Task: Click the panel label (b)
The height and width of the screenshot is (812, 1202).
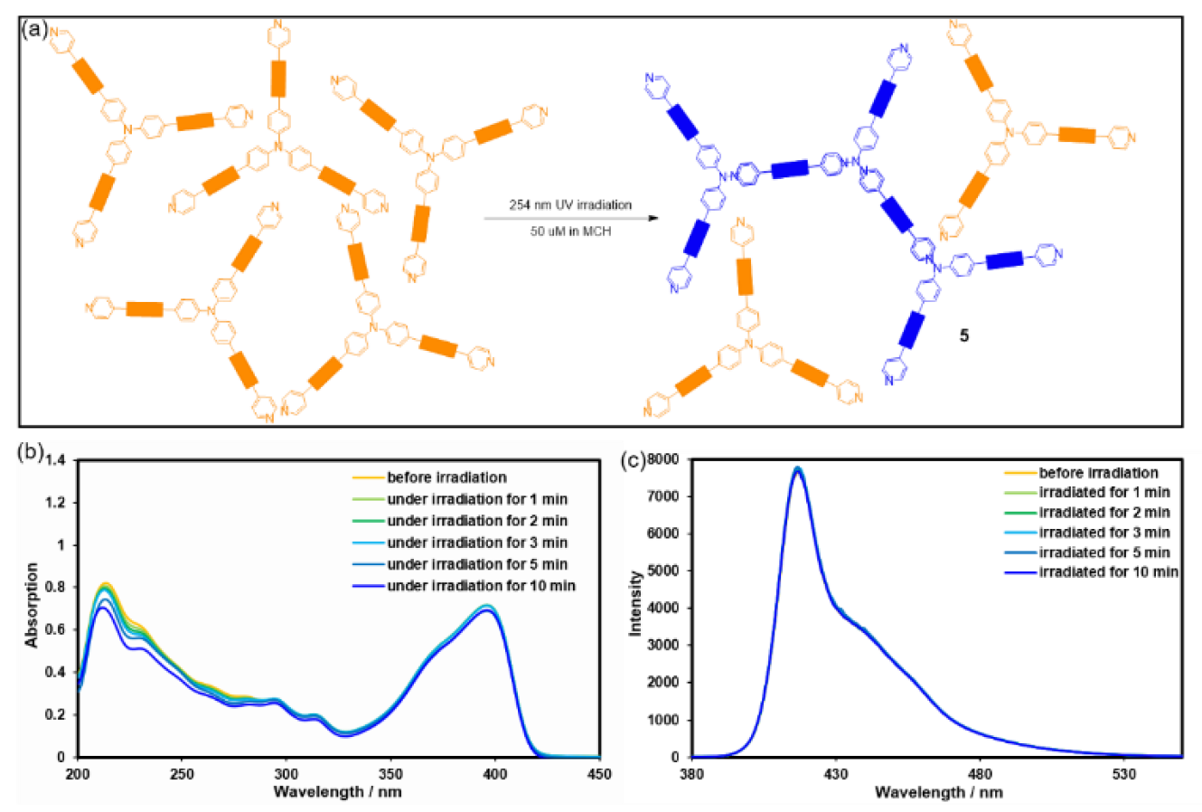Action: [x=33, y=453]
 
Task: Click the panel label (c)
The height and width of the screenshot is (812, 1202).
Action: [x=634, y=461]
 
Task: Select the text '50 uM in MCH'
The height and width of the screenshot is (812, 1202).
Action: [x=570, y=231]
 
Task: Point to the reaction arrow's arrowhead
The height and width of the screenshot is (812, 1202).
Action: [x=653, y=218]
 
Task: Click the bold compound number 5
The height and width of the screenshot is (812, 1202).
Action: [x=964, y=335]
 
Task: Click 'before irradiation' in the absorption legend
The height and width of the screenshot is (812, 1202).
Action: [x=446, y=477]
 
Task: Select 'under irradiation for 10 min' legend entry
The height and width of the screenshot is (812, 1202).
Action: [x=481, y=586]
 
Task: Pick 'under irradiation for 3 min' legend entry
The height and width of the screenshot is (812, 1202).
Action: [x=477, y=543]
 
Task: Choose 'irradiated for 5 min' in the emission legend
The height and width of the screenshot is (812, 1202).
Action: [x=1104, y=552]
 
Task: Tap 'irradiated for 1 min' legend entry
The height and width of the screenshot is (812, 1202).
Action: [x=1104, y=493]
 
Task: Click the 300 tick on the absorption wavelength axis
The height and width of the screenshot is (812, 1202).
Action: [x=286, y=775]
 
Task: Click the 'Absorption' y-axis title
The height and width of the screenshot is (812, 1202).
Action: [x=33, y=604]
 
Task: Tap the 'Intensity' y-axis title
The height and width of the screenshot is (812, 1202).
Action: [x=636, y=602]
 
